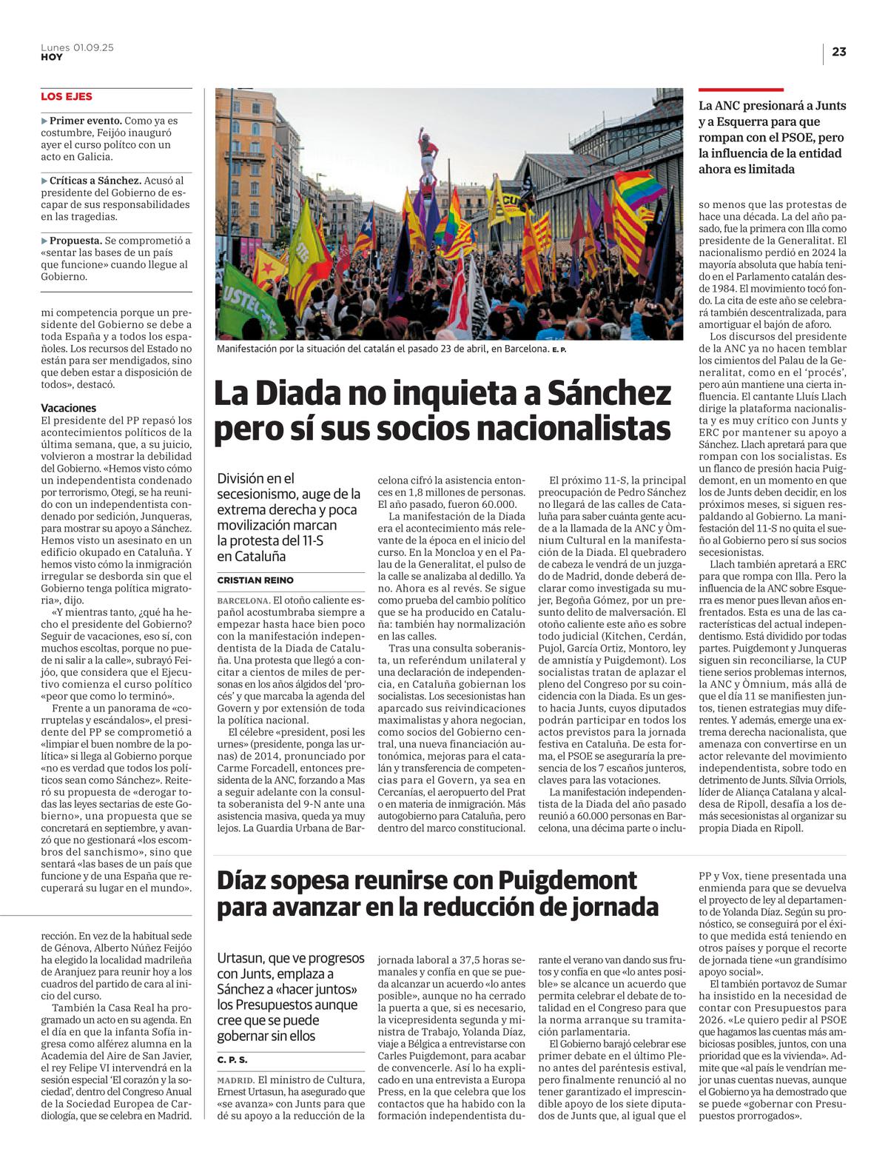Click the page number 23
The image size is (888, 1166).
[838, 52]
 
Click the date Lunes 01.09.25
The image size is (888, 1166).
[77, 47]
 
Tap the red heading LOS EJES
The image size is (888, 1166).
[67, 97]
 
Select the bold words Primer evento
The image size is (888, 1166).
[85, 121]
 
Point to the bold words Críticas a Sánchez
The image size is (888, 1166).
[95, 181]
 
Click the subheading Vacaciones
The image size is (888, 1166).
[69, 408]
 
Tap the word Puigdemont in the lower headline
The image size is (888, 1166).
[567, 880]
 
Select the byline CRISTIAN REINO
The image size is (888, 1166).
[255, 580]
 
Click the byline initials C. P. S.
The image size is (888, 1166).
[232, 1060]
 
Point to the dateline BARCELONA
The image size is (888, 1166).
[243, 600]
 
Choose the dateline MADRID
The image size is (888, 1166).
[235, 1080]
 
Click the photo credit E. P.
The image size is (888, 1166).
[559, 349]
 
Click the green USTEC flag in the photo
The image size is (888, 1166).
[248, 300]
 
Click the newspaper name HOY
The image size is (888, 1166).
[52, 57]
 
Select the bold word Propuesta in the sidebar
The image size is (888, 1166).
[75, 241]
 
